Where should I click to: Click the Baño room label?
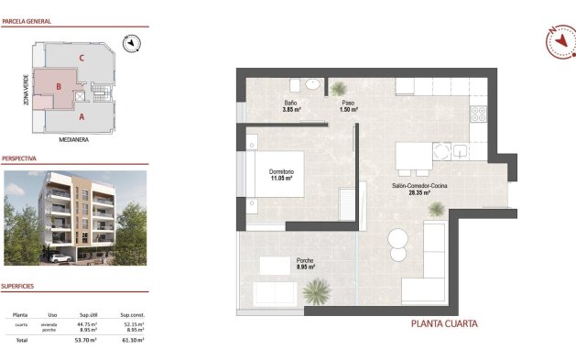tap(290, 103)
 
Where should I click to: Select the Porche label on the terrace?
tap(305, 261)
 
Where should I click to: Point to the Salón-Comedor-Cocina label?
tap(420, 187)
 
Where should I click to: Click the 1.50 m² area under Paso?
tap(348, 110)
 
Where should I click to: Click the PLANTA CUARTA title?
tap(443, 323)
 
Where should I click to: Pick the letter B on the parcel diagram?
tap(59, 87)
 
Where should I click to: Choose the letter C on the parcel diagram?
tap(82, 60)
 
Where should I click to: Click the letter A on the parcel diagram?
tap(82, 116)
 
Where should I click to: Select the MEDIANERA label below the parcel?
tap(72, 140)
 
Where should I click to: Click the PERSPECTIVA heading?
tap(19, 158)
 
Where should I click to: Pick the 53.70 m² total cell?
tap(88, 339)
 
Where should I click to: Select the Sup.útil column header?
tap(88, 313)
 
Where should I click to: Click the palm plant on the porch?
tap(318, 291)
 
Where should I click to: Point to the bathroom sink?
tap(312, 84)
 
